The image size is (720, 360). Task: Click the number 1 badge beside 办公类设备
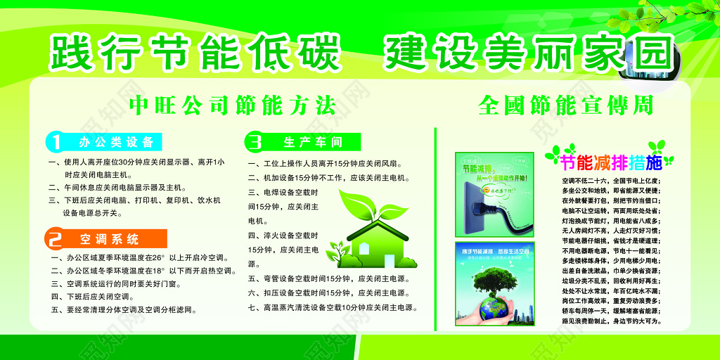56,142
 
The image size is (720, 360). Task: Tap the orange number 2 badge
56,238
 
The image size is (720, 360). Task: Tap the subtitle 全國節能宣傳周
565,106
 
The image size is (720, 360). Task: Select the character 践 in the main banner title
72,52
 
